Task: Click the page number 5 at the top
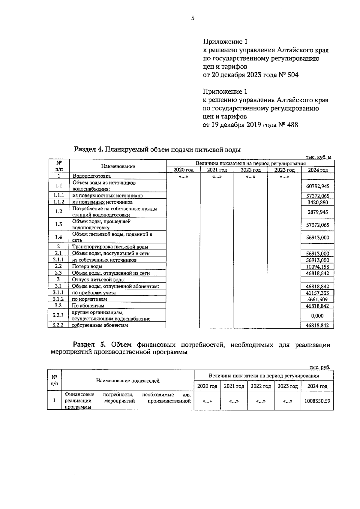pyautogui.click(x=193, y=18)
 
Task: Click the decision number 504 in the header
pyautogui.click(x=293, y=75)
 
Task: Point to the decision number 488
pyautogui.click(x=292, y=125)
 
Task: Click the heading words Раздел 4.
pyautogui.click(x=88, y=149)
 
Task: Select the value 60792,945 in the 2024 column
pyautogui.click(x=318, y=186)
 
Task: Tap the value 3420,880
pyautogui.click(x=318, y=202)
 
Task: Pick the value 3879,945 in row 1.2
pyautogui.click(x=318, y=212)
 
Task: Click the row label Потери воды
pyautogui.click(x=87, y=267)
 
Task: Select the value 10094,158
pyautogui.click(x=318, y=267)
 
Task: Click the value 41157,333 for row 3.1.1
pyautogui.click(x=318, y=293)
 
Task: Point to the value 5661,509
pyautogui.click(x=318, y=300)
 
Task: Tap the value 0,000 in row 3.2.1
pyautogui.click(x=317, y=316)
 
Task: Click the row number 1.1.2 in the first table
pyautogui.click(x=58, y=202)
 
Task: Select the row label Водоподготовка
pyautogui.click(x=91, y=176)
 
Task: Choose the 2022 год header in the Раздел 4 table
pyautogui.click(x=250, y=170)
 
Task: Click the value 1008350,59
pyautogui.click(x=317, y=401)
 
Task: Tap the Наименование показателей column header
pyautogui.click(x=127, y=381)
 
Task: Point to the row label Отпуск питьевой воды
pyautogui.click(x=98, y=280)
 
